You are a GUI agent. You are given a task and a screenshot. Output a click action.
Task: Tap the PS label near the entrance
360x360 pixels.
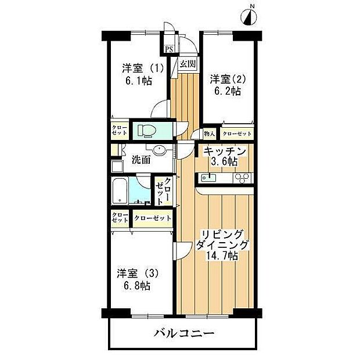coord(168,49)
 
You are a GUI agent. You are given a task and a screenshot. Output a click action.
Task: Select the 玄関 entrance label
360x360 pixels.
coord(187,64)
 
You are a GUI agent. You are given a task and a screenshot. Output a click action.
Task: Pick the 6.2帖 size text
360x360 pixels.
coord(227,91)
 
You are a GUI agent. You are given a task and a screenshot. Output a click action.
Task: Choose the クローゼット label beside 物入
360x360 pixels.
coord(237,134)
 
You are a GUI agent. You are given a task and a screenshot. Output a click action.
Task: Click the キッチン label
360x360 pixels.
coord(224,151)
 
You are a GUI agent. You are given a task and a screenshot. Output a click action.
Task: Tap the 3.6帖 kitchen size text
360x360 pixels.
coord(224,162)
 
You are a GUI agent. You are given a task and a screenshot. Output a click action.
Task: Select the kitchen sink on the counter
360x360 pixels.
coord(212,177)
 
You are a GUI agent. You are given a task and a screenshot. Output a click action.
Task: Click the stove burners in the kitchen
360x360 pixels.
coord(242,178)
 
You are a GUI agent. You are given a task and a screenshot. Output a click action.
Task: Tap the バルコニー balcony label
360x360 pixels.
coord(184,334)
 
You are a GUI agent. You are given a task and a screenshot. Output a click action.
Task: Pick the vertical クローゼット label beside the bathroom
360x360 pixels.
coord(163,191)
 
